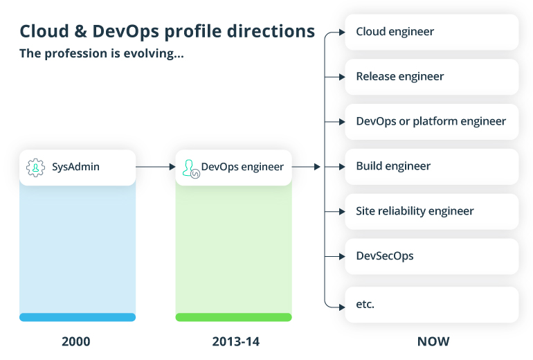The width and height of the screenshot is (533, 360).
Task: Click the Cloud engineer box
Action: click(431, 32)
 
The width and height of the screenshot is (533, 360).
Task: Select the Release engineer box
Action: click(431, 77)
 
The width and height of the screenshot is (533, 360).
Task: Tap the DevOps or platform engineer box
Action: click(431, 122)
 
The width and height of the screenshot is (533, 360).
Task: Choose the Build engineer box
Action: click(431, 167)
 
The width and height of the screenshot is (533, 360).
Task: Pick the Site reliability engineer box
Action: click(431, 212)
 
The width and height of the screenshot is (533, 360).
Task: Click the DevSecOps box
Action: click(431, 257)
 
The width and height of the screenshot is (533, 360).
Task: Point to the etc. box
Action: click(431, 305)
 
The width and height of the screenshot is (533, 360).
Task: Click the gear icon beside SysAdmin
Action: click(35, 168)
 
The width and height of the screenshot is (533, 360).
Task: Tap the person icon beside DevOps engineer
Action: click(190, 168)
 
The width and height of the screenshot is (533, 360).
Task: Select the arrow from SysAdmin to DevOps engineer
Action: click(155, 167)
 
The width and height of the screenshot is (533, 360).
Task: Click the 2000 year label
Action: click(76, 341)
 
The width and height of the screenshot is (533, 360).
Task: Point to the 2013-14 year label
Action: click(233, 341)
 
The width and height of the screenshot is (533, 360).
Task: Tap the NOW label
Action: click(433, 341)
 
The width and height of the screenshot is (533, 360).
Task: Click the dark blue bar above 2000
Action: click(78, 317)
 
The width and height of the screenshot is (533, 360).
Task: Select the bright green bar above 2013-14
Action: click(233, 317)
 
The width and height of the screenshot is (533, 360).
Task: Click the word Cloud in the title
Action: click(44, 31)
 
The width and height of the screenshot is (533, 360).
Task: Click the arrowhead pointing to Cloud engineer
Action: click(341, 32)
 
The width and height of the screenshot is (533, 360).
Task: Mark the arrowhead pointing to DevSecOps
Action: click(341, 257)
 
